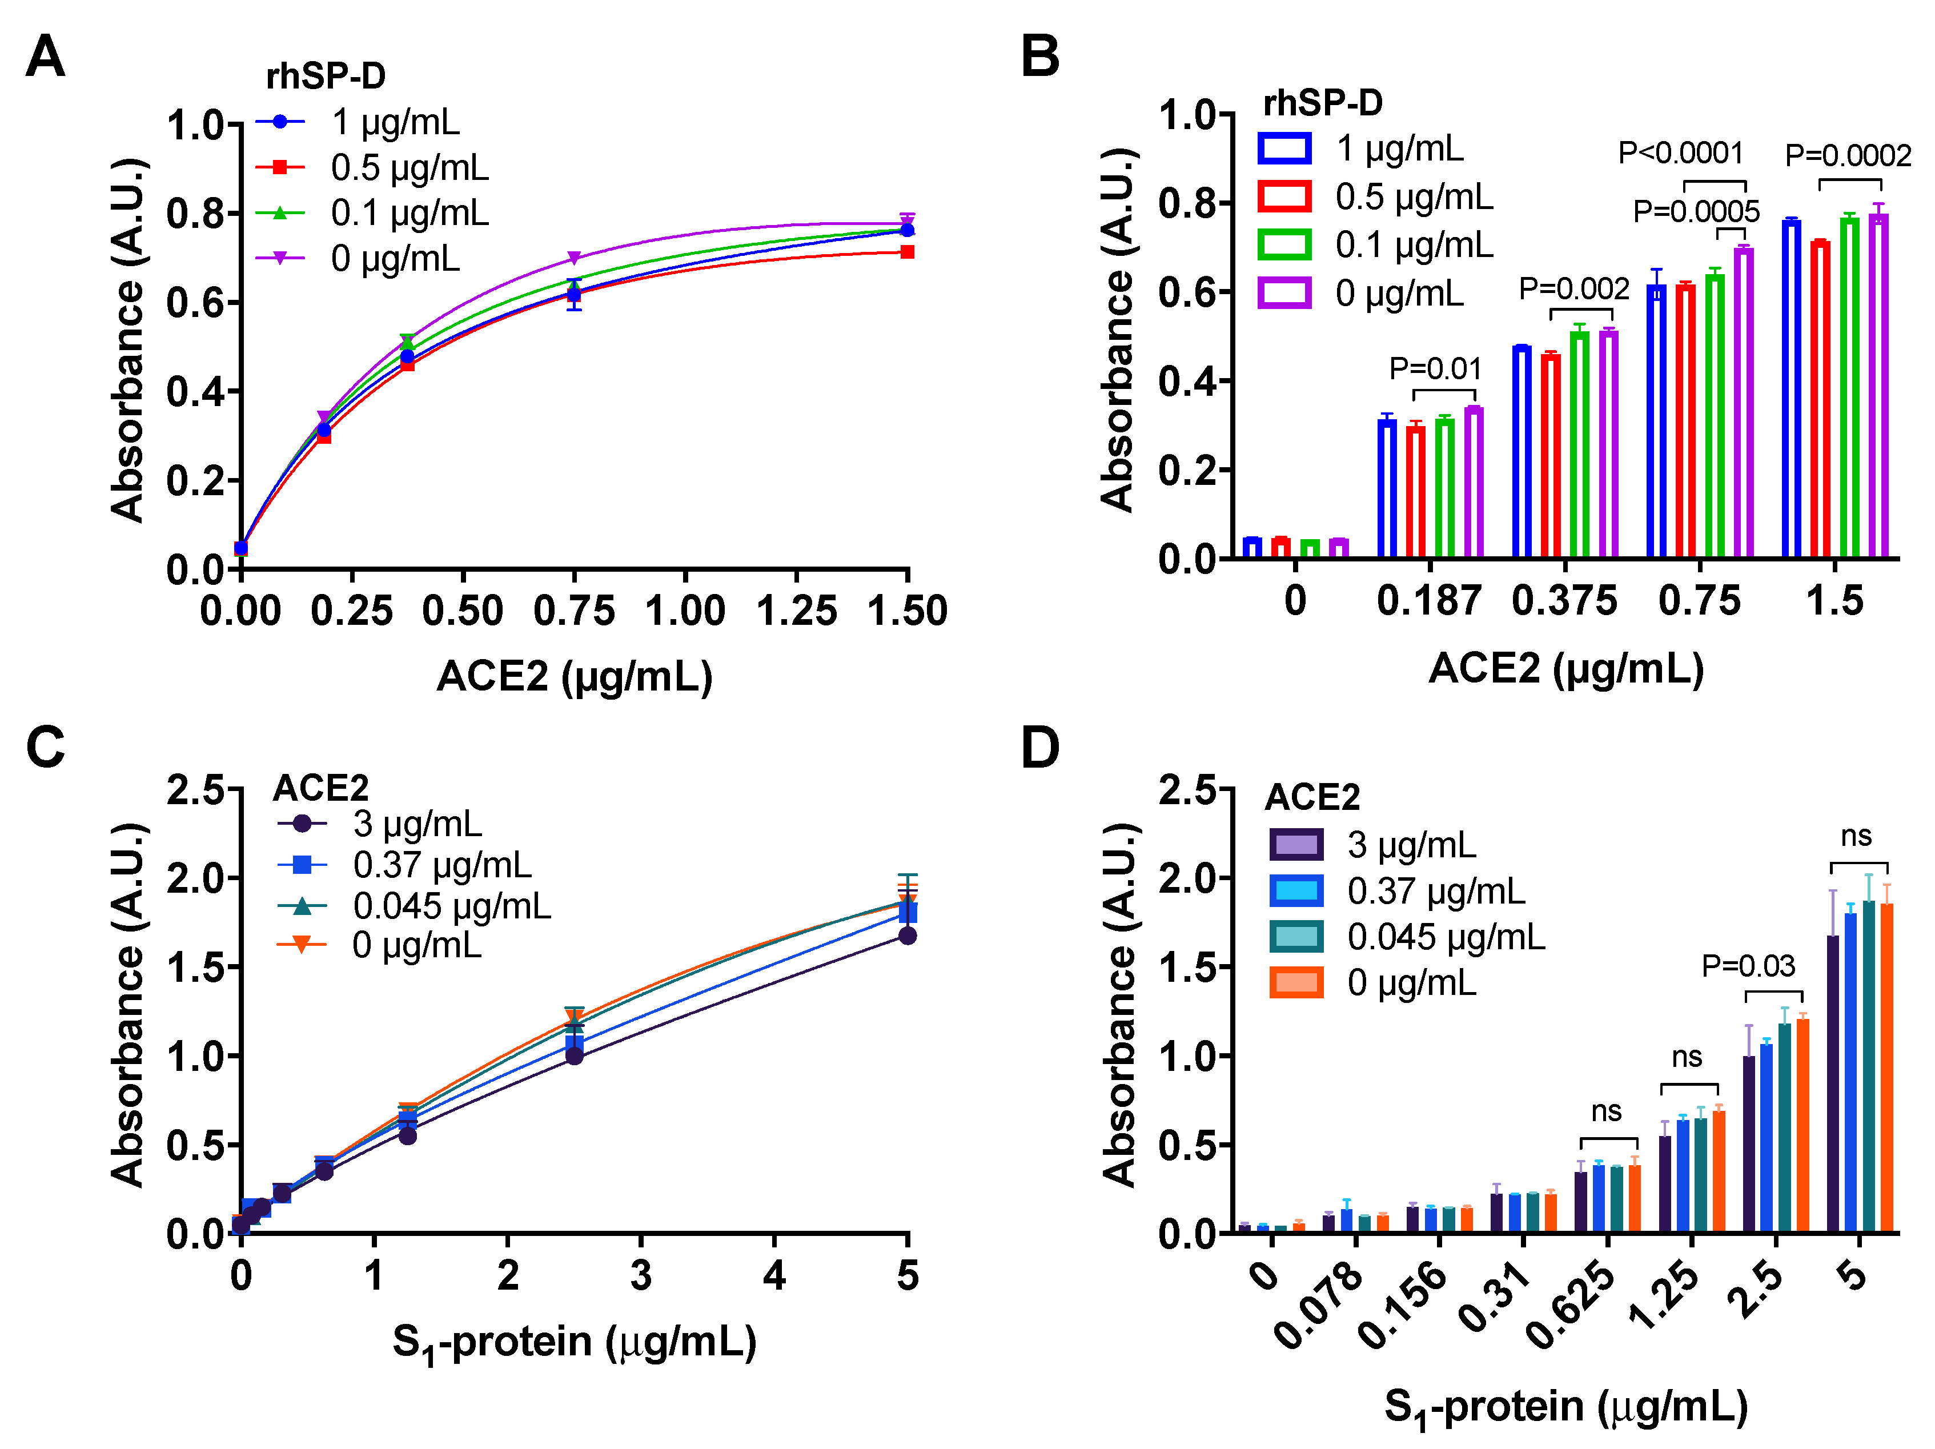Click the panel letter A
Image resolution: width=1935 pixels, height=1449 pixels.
(46, 57)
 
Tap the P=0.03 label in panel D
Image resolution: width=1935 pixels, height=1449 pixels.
(1748, 965)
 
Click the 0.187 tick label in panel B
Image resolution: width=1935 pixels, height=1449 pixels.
(1428, 601)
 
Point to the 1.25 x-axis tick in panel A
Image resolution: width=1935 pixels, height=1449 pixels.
(796, 611)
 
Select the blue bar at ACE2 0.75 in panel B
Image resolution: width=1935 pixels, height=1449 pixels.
(1656, 420)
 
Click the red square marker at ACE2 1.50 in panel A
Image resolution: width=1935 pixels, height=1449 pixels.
(907, 252)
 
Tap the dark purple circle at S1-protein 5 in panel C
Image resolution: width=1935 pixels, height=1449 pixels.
(907, 936)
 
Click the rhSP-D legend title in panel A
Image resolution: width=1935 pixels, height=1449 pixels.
(326, 77)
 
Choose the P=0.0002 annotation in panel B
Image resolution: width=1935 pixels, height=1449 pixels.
(1848, 156)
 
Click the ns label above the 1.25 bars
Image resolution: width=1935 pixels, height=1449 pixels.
(1687, 1057)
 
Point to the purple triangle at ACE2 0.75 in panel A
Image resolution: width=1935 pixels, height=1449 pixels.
(574, 258)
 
